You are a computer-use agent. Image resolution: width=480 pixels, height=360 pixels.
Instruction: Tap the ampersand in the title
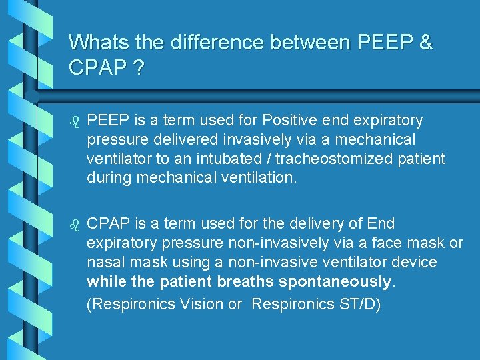point(425,42)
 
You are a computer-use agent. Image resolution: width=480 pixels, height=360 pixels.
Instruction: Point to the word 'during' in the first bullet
point(109,178)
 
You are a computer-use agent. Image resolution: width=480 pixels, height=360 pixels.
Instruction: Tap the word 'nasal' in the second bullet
point(105,262)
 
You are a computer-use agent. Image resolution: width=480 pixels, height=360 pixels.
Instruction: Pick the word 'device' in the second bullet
point(415,262)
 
